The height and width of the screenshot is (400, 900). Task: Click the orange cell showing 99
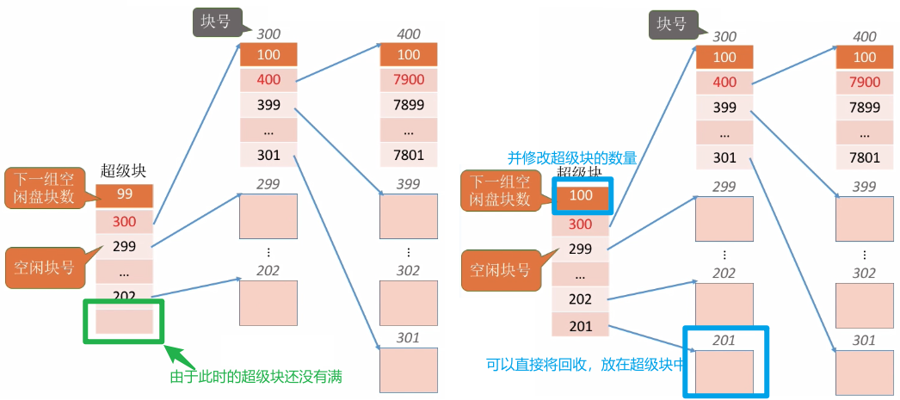point(125,195)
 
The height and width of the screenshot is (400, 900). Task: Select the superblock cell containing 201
point(581,324)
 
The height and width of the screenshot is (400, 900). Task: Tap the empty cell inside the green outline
point(125,321)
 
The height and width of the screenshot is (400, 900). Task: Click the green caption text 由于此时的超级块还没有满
point(262,377)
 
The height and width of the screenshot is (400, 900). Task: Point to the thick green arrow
point(183,360)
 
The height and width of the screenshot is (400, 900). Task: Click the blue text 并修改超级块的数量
point(571,158)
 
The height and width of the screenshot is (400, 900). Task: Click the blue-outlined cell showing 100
point(581,196)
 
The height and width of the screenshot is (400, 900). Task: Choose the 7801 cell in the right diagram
point(865,157)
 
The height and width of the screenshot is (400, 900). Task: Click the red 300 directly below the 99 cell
point(125,221)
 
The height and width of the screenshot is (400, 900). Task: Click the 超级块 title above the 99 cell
point(124,170)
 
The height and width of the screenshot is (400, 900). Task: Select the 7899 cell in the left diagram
point(409,107)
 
